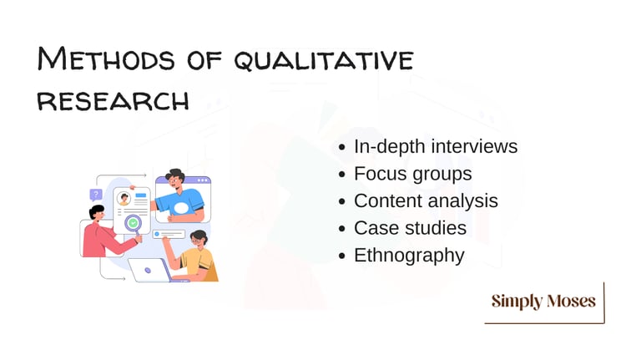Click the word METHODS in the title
(x=106, y=58)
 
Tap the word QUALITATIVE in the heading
(x=324, y=60)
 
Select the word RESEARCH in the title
(x=113, y=101)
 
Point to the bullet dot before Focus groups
(x=342, y=175)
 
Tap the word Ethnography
(x=409, y=256)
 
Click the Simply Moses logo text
(x=543, y=301)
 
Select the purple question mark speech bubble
(x=96, y=195)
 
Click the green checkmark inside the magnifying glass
(x=133, y=223)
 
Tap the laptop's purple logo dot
(x=148, y=271)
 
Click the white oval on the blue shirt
(x=181, y=208)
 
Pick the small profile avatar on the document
(x=124, y=199)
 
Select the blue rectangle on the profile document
(x=141, y=195)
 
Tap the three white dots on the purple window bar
(x=202, y=180)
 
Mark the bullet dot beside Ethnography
(x=342, y=256)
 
